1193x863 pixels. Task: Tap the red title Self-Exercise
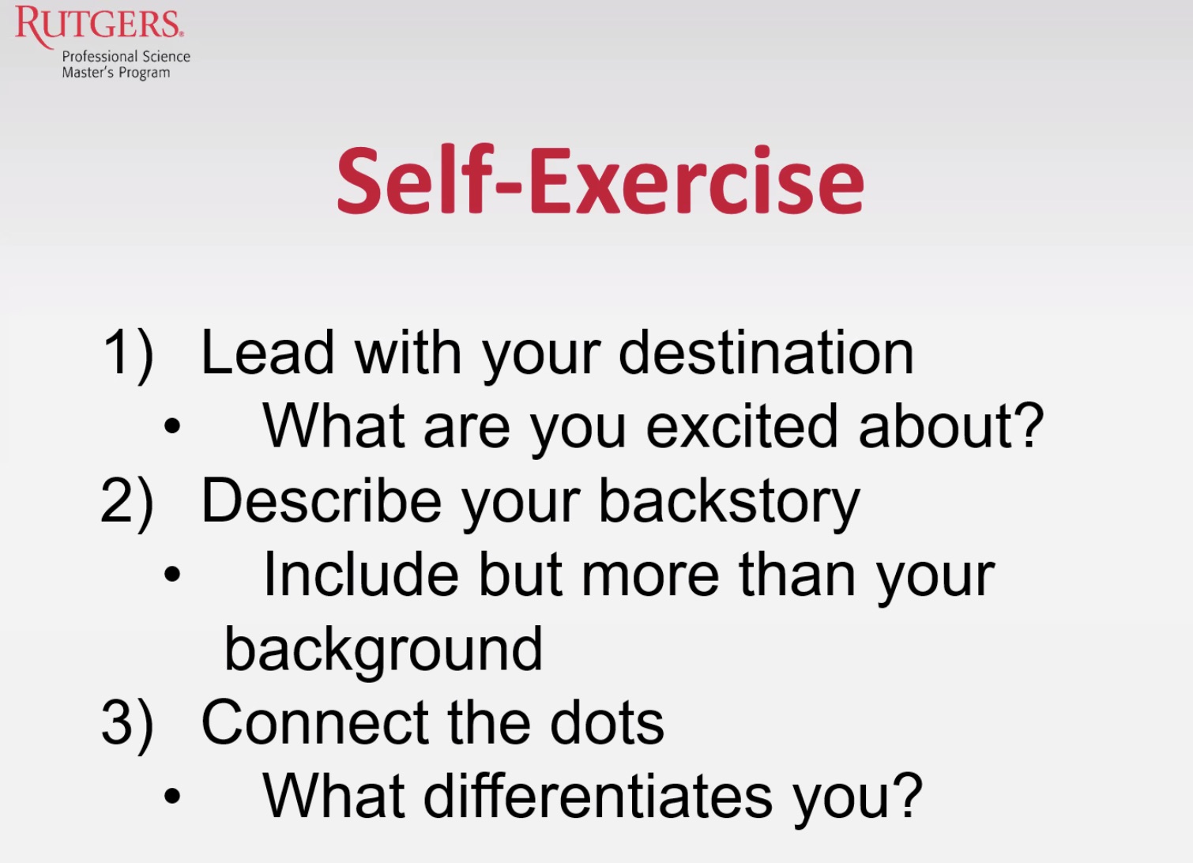tap(600, 180)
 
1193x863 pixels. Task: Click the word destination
tap(766, 352)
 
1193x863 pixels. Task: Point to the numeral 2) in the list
tap(128, 504)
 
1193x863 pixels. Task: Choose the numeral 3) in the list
tap(128, 725)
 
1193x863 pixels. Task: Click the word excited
tap(742, 425)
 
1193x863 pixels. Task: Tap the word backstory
tap(730, 504)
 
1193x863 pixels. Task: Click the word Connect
tap(314, 722)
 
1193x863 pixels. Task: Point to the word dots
tap(607, 722)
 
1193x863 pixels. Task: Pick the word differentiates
tap(597, 796)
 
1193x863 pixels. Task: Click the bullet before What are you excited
tap(172, 426)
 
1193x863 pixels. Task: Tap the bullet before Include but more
tap(172, 575)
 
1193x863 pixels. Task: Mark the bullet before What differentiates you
tap(172, 796)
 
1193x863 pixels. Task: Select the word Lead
tap(268, 352)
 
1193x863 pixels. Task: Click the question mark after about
tap(1029, 424)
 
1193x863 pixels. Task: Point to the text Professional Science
tap(126, 56)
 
